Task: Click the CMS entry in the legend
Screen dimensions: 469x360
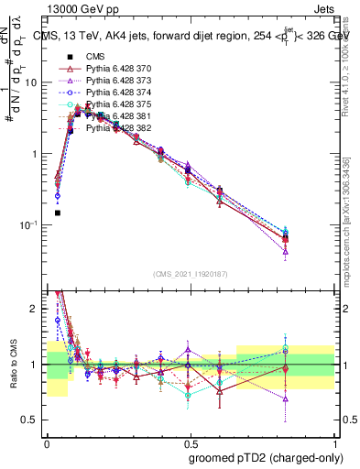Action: click(97, 57)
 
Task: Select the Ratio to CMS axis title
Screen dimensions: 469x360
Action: click(13, 365)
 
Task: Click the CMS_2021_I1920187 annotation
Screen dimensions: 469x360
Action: click(190, 274)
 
